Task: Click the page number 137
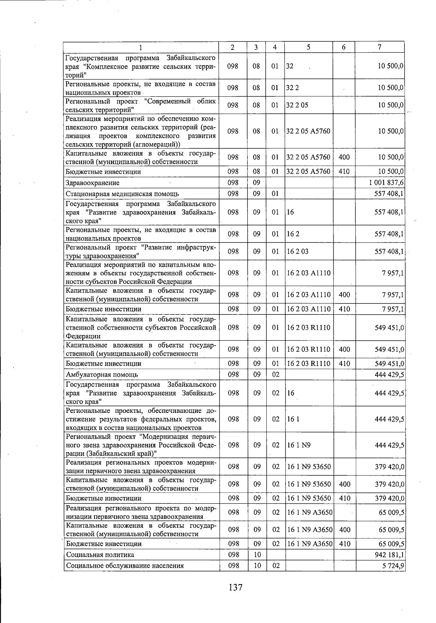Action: tap(235, 587)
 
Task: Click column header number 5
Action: tap(308, 47)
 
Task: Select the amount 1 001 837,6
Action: tap(386, 183)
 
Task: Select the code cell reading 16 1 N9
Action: tap(299, 445)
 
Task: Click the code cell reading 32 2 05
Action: tap(297, 105)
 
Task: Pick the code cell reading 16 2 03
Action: tap(298, 251)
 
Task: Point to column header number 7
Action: tap(379, 47)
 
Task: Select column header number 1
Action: tap(141, 47)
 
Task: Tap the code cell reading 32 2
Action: tap(293, 88)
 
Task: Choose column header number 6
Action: tap(344, 47)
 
